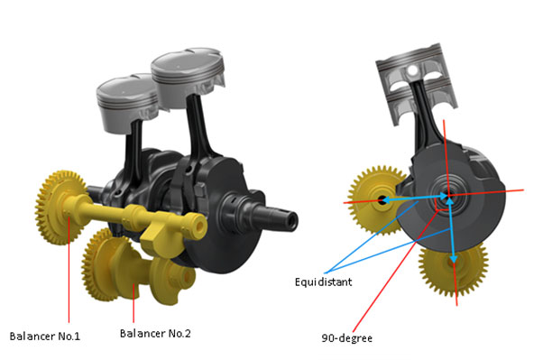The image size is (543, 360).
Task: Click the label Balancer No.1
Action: [45, 337]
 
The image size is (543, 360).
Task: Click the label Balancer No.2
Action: [155, 333]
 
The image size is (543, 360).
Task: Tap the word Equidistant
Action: [324, 282]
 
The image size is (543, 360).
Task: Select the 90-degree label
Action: [347, 337]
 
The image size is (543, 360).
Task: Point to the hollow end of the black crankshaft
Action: [290, 221]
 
